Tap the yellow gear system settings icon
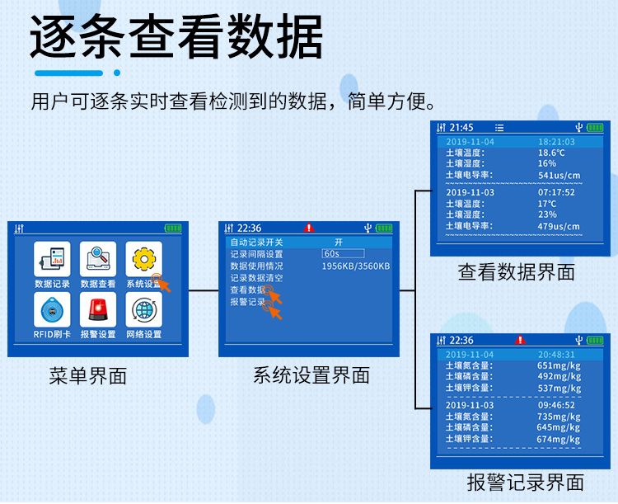[144, 259]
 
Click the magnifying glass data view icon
[98, 259]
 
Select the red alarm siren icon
[98, 309]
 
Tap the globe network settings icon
[144, 309]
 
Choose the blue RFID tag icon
[52, 309]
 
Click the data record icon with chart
[52, 259]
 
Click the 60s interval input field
[343, 253]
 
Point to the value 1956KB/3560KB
[356, 266]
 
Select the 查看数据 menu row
[248, 290]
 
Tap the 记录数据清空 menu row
[256, 278]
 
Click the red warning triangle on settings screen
[309, 228]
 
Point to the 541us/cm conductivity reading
[559, 175]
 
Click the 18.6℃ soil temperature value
[551, 153]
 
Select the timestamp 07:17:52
[556, 192]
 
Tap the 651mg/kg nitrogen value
[559, 365]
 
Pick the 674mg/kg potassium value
[559, 439]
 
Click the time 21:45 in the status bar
[461, 128]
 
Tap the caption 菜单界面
[88, 375]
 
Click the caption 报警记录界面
[526, 483]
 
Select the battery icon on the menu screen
[173, 228]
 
